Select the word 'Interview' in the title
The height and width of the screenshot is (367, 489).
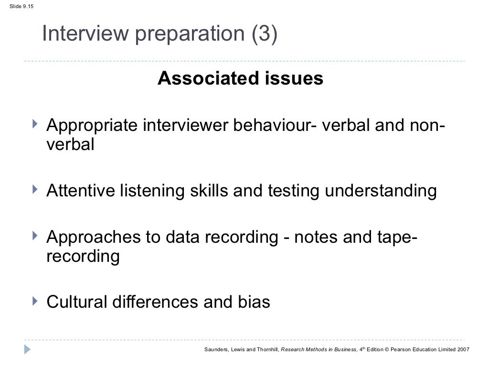77,34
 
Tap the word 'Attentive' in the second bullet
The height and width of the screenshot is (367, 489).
80,191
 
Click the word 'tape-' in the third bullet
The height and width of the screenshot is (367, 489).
394,237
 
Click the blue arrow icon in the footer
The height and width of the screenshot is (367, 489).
28,349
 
